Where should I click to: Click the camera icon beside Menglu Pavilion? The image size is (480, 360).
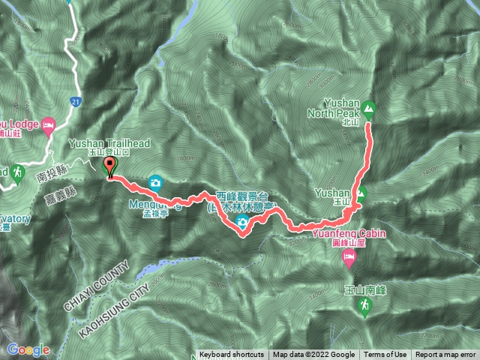pyautogui.click(x=156, y=181)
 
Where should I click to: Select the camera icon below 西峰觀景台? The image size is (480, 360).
pyautogui.click(x=243, y=223)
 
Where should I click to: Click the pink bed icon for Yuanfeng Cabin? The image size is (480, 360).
pyautogui.click(x=349, y=259)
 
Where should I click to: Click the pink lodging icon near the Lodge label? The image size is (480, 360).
pyautogui.click(x=49, y=123)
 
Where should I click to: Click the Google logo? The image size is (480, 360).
pyautogui.click(x=28, y=349)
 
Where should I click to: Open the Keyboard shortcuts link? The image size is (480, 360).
pyautogui.click(x=231, y=355)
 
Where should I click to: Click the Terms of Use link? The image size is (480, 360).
pyautogui.click(x=385, y=355)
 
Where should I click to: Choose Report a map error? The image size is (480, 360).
pyautogui.click(x=445, y=355)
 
